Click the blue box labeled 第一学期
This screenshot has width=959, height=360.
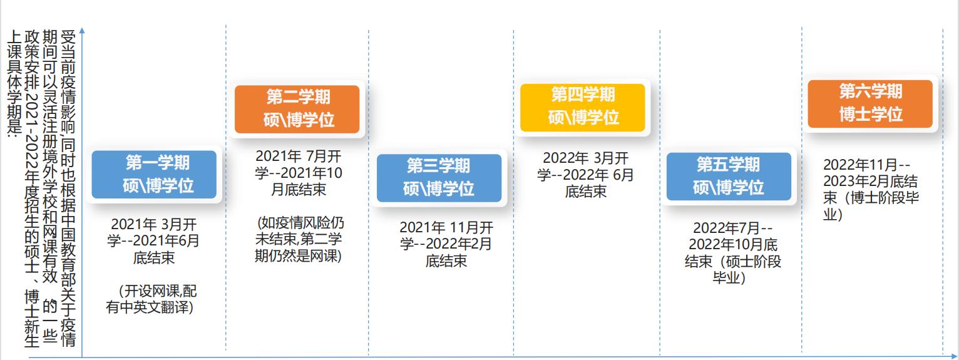(x=154, y=175)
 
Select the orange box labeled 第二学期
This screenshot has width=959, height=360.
(x=297, y=109)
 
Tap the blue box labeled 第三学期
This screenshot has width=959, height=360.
(x=439, y=178)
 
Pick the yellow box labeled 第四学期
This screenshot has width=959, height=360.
(x=583, y=107)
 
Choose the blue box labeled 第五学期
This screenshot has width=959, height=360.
(x=729, y=176)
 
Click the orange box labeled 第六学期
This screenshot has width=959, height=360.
(x=870, y=103)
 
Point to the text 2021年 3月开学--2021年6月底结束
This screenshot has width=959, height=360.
(x=153, y=240)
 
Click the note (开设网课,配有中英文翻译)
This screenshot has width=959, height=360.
(x=153, y=299)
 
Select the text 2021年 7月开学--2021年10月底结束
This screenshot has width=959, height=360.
(x=299, y=172)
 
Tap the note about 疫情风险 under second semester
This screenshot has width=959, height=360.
(x=299, y=239)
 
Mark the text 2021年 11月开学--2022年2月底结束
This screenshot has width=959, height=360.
(x=446, y=244)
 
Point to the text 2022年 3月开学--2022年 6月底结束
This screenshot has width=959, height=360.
(x=585, y=174)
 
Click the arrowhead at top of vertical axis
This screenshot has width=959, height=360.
(x=82, y=29)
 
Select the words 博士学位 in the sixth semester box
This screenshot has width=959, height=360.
(x=870, y=115)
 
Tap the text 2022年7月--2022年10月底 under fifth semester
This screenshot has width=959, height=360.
(x=732, y=236)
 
